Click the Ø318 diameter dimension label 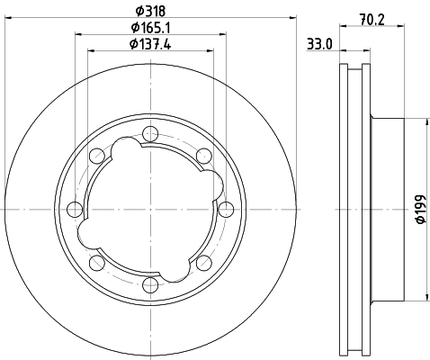(150, 12)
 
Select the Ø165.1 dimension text (150, 28)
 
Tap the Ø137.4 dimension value (150, 44)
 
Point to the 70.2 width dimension (372, 20)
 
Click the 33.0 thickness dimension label (319, 45)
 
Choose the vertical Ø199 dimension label (421, 209)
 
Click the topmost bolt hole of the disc (150, 134)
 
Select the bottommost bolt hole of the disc (150, 284)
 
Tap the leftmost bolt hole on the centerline (75, 209)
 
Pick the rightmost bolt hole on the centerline (226, 209)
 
